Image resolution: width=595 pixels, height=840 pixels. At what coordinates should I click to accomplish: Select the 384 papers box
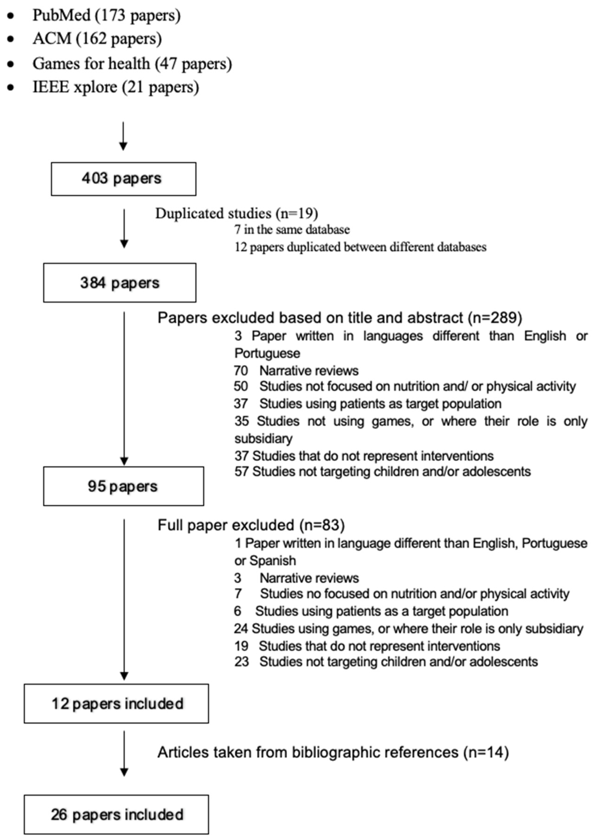[x=120, y=283]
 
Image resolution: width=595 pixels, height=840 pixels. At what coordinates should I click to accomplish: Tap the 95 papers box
[x=124, y=486]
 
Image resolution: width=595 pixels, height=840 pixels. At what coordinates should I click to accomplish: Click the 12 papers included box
[x=117, y=704]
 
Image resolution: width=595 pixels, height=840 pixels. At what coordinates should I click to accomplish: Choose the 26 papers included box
[x=117, y=814]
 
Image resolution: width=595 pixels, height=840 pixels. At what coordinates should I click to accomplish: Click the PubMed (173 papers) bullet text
[x=106, y=15]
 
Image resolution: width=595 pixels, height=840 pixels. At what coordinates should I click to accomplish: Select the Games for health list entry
[x=132, y=64]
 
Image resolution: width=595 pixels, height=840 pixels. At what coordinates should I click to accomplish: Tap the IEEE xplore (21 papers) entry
[x=115, y=87]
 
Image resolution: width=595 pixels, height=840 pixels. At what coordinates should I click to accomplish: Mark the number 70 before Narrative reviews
[x=241, y=371]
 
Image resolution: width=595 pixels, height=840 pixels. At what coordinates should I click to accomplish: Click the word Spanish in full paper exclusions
[x=273, y=561]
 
